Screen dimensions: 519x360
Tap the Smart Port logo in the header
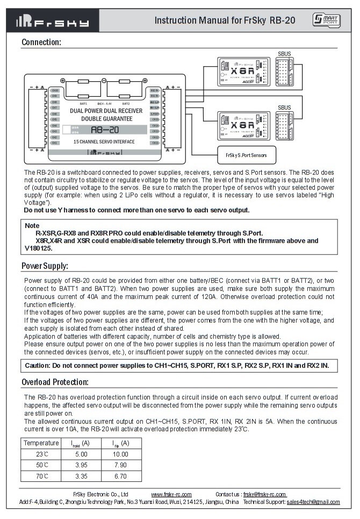point(326,20)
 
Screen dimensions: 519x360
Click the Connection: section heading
point(41,42)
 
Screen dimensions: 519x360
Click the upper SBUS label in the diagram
point(284,54)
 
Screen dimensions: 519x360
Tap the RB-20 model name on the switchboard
point(104,130)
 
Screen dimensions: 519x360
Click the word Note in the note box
point(32,225)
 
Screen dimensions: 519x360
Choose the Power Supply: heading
point(45,266)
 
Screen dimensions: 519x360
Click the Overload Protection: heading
point(55,382)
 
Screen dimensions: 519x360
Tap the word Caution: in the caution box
point(38,366)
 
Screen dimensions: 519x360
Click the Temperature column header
point(41,443)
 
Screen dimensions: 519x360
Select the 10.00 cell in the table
point(121,454)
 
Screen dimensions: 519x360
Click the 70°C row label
point(41,476)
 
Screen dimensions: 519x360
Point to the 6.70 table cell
point(121,476)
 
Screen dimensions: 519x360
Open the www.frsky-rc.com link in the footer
point(171,494)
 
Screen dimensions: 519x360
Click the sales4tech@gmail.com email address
point(313,502)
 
